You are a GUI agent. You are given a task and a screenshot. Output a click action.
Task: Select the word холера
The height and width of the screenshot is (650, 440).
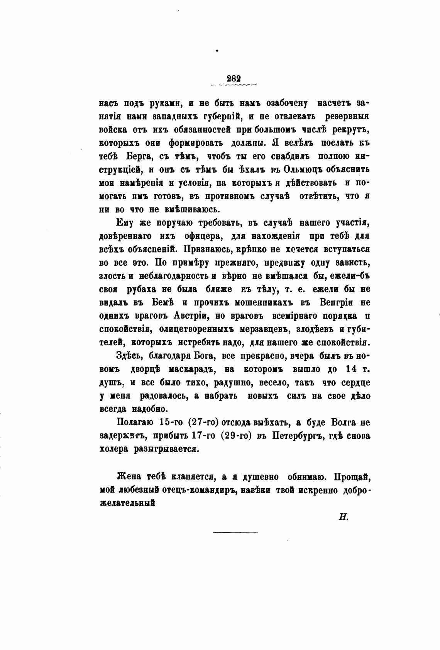[113, 450]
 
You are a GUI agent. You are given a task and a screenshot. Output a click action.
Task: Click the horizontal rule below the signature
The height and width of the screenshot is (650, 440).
[235, 533]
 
